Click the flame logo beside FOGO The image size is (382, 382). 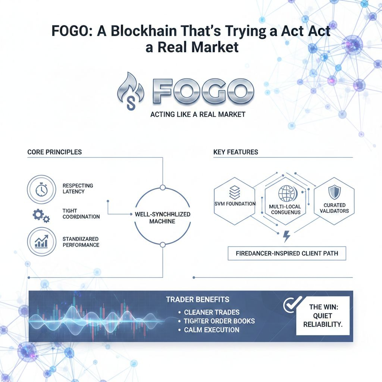(131, 92)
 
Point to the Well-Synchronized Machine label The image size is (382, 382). (162, 218)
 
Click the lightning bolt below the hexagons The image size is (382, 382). (287, 236)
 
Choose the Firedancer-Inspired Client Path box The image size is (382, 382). (287, 253)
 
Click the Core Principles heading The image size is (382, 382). (54, 152)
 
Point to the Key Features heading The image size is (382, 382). (235, 152)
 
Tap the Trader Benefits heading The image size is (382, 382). (198, 300)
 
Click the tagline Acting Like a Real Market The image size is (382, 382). (198, 114)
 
